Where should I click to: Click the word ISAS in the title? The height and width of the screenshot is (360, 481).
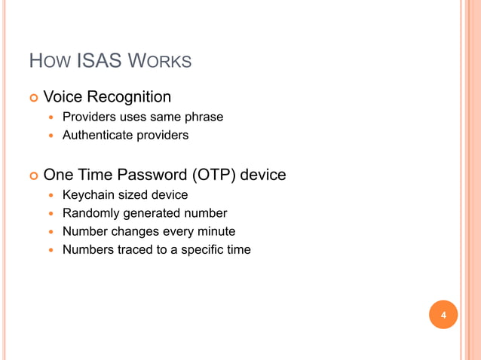(x=100, y=60)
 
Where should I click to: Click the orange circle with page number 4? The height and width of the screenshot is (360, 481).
(x=443, y=315)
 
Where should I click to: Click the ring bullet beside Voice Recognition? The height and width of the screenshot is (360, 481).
(x=32, y=98)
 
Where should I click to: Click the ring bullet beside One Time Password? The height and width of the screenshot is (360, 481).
(x=32, y=175)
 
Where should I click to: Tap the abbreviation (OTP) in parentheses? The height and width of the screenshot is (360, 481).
(x=207, y=175)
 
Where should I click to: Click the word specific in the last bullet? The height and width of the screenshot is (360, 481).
(x=201, y=249)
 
